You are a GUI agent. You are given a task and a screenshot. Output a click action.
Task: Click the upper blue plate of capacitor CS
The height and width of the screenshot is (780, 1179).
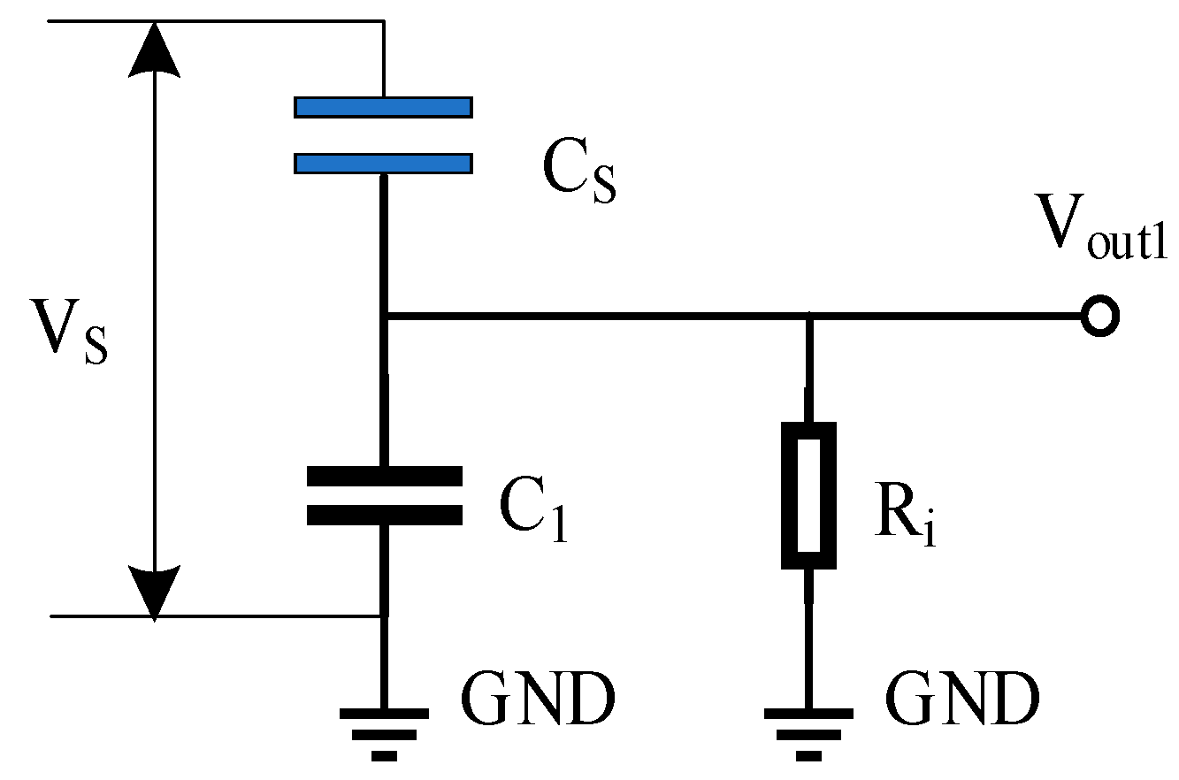pyautogui.click(x=383, y=107)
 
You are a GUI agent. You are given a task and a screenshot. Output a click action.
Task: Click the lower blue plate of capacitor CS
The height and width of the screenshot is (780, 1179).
pyautogui.click(x=383, y=164)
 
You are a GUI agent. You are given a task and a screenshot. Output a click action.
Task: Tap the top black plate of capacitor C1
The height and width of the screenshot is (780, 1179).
pyautogui.click(x=384, y=477)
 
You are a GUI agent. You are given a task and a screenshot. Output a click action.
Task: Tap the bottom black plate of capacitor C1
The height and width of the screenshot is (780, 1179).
pyautogui.click(x=384, y=515)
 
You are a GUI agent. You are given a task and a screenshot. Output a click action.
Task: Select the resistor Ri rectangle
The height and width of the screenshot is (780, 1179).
pyautogui.click(x=808, y=495)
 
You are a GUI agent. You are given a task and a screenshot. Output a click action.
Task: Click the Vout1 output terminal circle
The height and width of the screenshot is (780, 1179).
pyautogui.click(x=1100, y=317)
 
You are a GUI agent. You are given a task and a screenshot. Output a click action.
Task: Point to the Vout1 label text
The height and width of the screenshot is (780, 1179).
pyautogui.click(x=1101, y=230)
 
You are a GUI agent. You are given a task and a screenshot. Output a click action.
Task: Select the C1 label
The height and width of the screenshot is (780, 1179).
pyautogui.click(x=533, y=513)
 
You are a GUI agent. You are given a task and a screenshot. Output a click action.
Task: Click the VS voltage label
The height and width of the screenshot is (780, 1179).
pyautogui.click(x=69, y=333)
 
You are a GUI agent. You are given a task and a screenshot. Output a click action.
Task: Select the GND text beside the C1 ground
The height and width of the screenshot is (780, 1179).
pyautogui.click(x=537, y=700)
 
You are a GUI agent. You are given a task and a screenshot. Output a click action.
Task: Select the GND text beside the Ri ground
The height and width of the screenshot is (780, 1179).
pyautogui.click(x=962, y=700)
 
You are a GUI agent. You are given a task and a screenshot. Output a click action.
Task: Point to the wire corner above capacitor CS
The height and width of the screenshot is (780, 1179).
pyautogui.click(x=383, y=20)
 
